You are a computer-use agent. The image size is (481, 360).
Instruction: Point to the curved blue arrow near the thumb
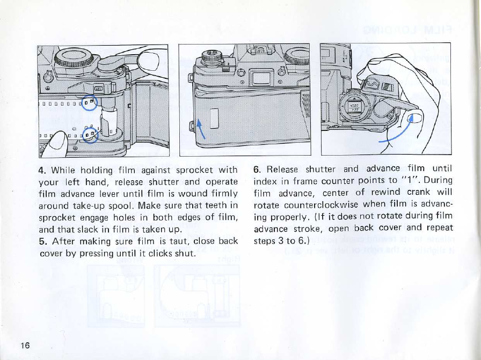tap(400, 135)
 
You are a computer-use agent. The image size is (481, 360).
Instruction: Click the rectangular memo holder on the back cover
tap(214, 119)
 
